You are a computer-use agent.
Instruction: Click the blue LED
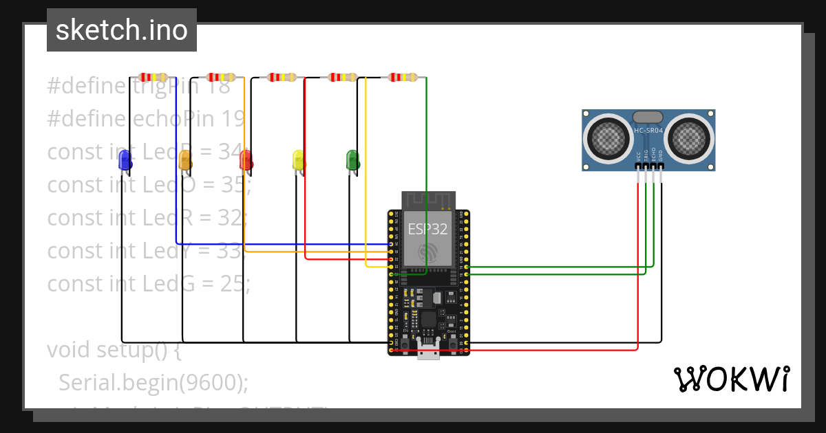(x=125, y=160)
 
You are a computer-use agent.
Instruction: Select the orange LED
(x=184, y=160)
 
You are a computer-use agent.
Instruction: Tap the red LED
(x=246, y=160)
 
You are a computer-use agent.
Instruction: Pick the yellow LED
(x=299, y=160)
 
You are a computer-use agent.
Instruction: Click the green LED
(x=352, y=160)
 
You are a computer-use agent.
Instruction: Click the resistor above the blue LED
(x=153, y=77)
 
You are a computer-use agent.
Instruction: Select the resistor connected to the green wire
(x=403, y=77)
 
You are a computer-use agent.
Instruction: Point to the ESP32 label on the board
(x=427, y=229)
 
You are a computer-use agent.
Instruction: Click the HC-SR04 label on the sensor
(x=648, y=131)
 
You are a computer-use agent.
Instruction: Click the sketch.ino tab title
(x=122, y=30)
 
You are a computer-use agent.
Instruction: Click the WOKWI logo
(x=731, y=379)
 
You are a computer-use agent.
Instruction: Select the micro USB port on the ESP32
(x=428, y=353)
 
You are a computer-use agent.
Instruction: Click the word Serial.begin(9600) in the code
(x=153, y=382)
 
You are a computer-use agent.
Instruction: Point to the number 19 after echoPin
(x=233, y=119)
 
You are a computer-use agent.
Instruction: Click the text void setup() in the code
(x=114, y=349)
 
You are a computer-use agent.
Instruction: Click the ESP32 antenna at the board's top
(x=428, y=200)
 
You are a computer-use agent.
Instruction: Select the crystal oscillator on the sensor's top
(x=648, y=117)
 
